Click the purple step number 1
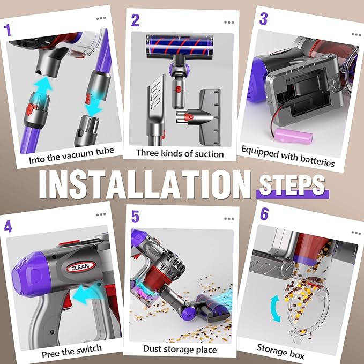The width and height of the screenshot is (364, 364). coord(8,30)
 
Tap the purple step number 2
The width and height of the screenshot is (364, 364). coord(135,20)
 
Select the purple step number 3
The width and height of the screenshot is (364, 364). coord(263,19)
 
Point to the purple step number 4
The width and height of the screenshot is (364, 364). coord(8,226)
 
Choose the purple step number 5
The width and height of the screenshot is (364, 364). coord(135,217)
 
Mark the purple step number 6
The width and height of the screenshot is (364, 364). coord(264,214)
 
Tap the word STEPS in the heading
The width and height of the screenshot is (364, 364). coord(292,184)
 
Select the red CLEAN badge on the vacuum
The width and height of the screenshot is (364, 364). coord(80,267)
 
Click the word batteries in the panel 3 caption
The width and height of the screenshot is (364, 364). coord(317,161)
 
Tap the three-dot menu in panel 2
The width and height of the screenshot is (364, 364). coord(229,23)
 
